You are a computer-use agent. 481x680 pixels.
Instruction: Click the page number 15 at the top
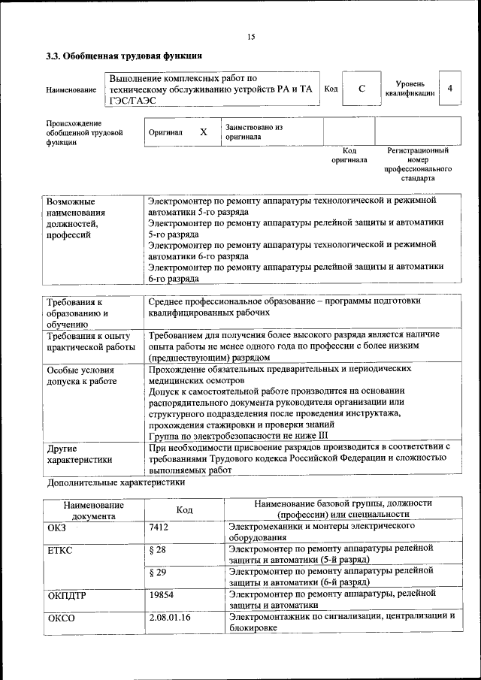tap(251, 37)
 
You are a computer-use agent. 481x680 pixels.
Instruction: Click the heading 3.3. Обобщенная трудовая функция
tap(124, 56)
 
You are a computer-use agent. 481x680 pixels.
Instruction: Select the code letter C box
tap(362, 89)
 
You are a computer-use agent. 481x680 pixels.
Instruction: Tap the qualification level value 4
tap(449, 89)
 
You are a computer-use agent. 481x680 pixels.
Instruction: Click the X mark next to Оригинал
tap(203, 131)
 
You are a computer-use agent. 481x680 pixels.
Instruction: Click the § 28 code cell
tap(157, 549)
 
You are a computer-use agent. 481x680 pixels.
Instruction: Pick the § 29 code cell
tap(157, 572)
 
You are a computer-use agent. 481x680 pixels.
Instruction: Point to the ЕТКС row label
tap(59, 549)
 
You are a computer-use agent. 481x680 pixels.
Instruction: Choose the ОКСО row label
tap(61, 617)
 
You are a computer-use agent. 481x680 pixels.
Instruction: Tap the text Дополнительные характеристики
tap(116, 482)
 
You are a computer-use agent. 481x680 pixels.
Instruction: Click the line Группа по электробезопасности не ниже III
tap(238, 435)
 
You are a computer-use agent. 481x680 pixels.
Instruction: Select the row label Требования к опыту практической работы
tap(89, 341)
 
